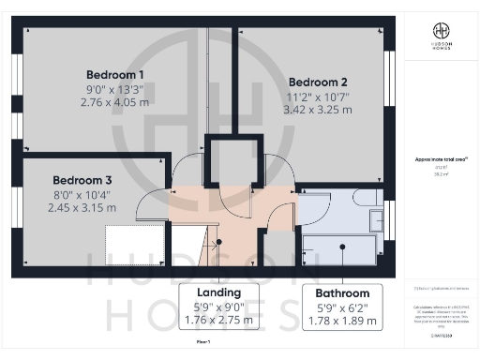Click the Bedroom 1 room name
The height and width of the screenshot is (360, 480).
(x=114, y=74)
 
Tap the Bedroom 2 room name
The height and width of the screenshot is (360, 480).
(x=318, y=81)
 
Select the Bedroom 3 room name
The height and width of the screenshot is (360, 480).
(x=82, y=180)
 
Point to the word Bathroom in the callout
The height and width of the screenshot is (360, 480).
(x=342, y=292)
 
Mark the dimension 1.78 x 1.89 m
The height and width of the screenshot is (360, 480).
(x=342, y=321)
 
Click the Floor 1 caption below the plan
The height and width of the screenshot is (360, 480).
(x=202, y=345)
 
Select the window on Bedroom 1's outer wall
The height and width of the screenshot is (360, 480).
(x=16, y=84)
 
